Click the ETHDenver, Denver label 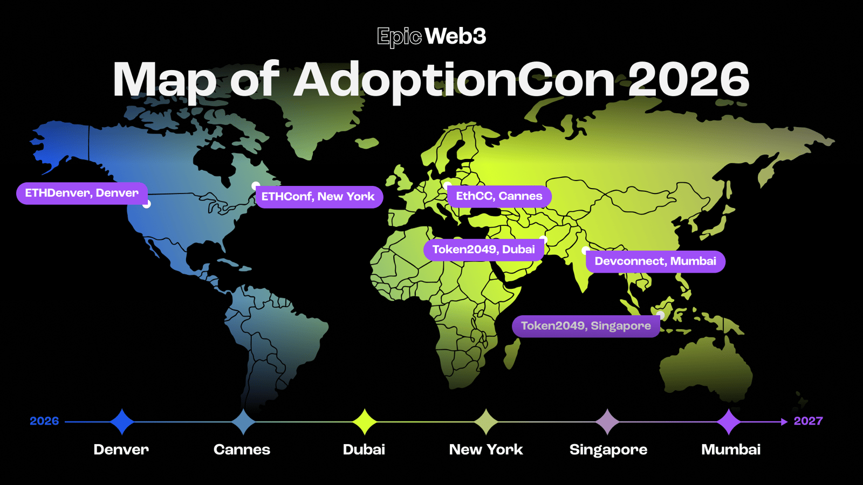pos(81,193)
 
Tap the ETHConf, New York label pos(319,197)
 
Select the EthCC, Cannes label pos(499,196)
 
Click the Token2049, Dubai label pos(483,250)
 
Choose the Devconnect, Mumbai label pos(655,262)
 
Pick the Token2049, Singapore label pos(586,327)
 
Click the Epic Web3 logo pos(432,37)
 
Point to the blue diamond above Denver pos(122,422)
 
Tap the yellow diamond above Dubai pos(365,422)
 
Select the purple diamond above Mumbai pos(729,422)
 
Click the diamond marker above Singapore pos(607,422)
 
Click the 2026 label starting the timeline pos(44,421)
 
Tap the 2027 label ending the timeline pos(809,421)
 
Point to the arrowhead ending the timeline pos(784,422)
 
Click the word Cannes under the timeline pos(242,449)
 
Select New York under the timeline pos(486,449)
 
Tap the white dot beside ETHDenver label pos(146,204)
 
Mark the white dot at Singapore pos(660,315)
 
